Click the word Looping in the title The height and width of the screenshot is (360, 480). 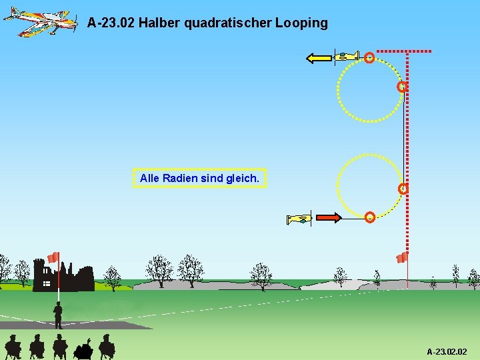click(303, 23)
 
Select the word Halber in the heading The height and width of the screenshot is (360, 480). click(159, 23)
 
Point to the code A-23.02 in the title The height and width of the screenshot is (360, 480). click(111, 23)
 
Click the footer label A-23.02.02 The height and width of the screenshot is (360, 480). click(447, 351)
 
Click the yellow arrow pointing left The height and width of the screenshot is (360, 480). click(319, 58)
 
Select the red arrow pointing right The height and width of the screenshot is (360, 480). click(328, 217)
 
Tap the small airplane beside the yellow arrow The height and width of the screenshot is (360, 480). click(346, 57)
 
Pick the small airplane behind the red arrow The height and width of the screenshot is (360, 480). click(299, 219)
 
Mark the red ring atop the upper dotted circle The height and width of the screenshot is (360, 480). click(369, 58)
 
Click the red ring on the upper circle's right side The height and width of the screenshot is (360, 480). click(402, 87)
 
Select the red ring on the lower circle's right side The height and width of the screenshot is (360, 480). click(403, 189)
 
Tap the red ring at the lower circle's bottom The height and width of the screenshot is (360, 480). click(369, 217)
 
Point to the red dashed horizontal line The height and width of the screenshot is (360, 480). click(404, 51)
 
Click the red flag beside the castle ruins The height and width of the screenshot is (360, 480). click(53, 257)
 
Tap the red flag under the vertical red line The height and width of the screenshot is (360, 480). click(402, 257)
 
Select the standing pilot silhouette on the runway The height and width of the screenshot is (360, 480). click(58, 315)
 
